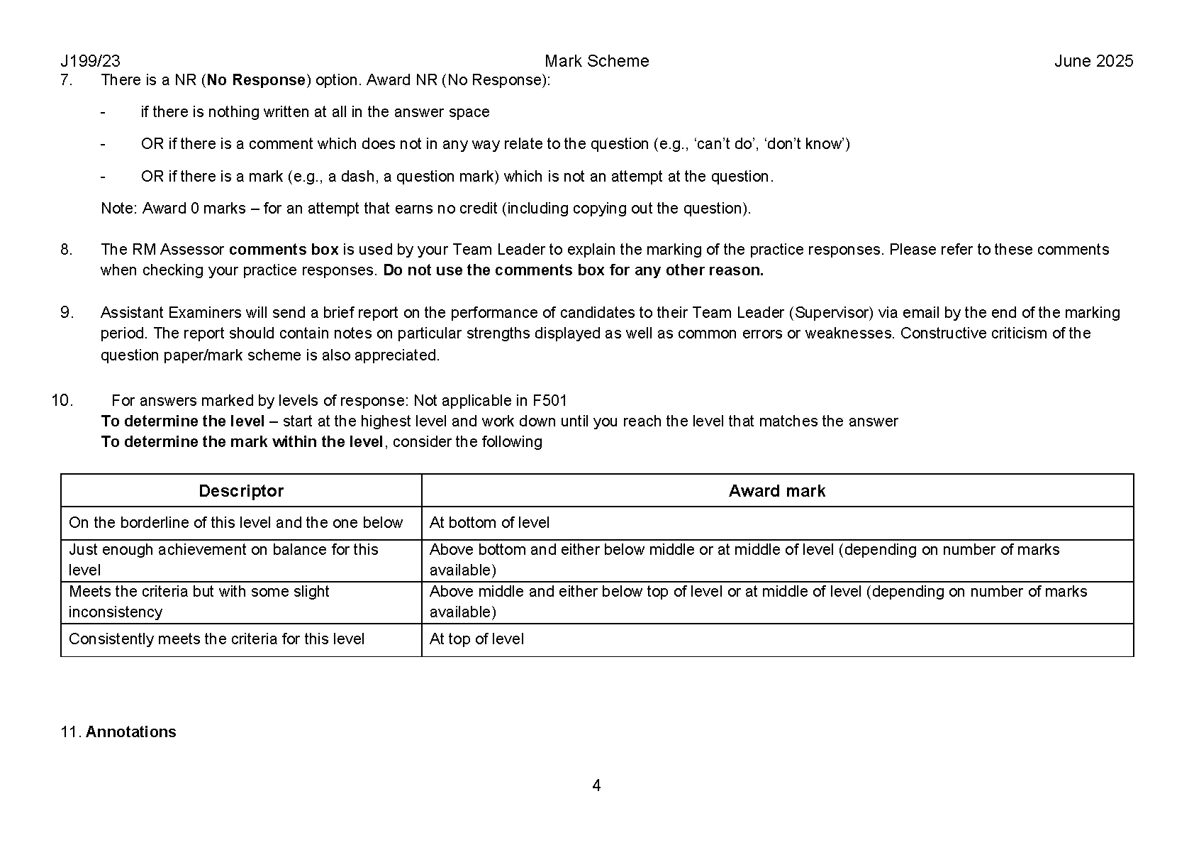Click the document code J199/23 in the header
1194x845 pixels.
point(90,61)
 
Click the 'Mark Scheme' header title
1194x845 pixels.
point(596,61)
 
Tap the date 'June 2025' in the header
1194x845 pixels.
point(1093,61)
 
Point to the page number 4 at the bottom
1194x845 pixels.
point(596,785)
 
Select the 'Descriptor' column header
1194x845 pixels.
point(241,491)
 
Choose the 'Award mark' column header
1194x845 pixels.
point(776,491)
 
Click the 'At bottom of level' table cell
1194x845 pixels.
point(489,523)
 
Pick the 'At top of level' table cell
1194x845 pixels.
point(476,639)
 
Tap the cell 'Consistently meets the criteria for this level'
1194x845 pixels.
point(216,639)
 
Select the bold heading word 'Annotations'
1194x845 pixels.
point(131,732)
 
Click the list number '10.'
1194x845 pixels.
point(62,401)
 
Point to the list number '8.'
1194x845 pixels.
point(67,250)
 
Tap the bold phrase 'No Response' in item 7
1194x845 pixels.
point(256,80)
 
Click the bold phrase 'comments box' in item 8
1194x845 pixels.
point(284,250)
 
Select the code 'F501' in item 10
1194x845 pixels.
point(549,401)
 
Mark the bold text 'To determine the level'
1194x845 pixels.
point(183,421)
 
